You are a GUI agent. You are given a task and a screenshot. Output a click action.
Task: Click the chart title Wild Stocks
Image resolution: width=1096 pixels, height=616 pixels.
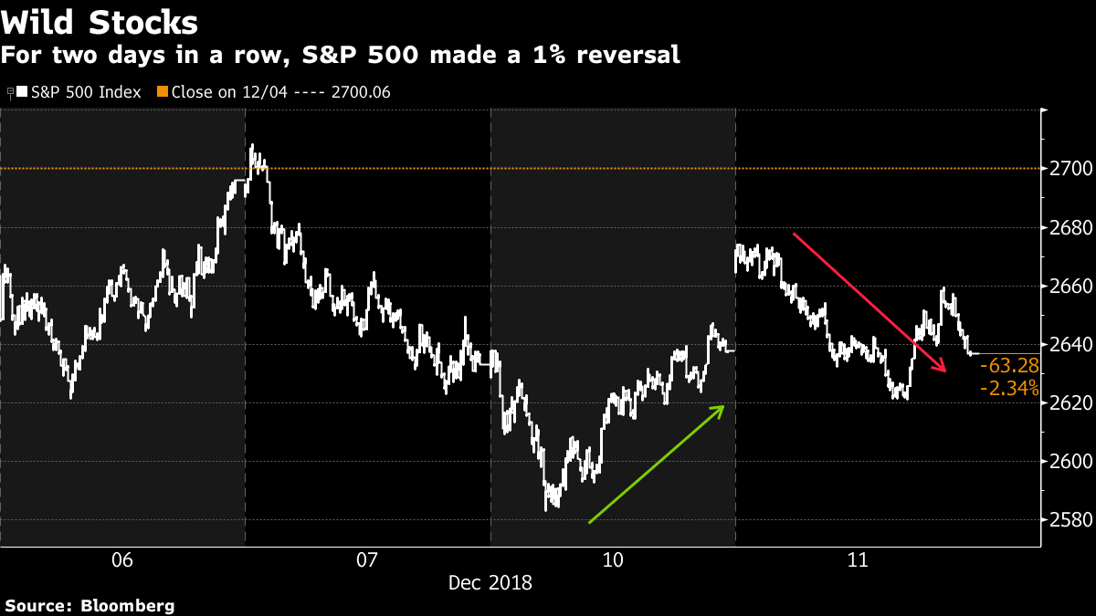point(100,21)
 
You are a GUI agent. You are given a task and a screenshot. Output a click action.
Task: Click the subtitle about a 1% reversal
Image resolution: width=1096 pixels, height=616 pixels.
point(340,55)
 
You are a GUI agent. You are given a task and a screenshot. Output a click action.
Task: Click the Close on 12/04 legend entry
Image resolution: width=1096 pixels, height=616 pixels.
point(274,92)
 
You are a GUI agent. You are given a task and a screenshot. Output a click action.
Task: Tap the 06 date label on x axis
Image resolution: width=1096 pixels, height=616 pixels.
point(121,559)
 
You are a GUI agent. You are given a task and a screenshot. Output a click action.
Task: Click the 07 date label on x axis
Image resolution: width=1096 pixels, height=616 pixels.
point(367,559)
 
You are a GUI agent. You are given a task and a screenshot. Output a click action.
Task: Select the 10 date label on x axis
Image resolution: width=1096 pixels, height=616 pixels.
point(613,559)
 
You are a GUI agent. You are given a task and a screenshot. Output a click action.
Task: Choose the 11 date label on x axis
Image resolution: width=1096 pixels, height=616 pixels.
point(858,559)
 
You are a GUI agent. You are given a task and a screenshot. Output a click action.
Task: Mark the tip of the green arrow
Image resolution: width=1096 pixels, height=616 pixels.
point(724,406)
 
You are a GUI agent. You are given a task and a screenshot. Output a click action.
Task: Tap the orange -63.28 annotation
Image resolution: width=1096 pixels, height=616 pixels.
point(1008,367)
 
